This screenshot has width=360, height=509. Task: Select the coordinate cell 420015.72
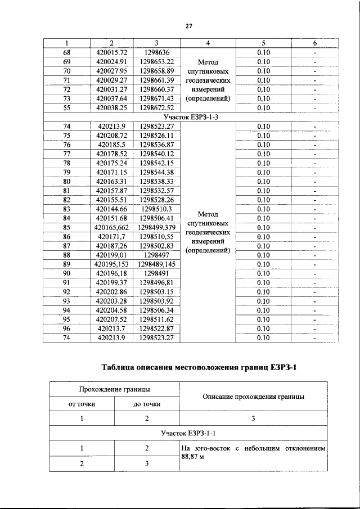[111, 52]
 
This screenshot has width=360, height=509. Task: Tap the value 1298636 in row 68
[156, 52]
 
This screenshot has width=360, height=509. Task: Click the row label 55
[66, 107]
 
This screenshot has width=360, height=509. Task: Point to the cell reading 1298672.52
[156, 107]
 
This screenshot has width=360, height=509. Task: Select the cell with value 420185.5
[111, 144]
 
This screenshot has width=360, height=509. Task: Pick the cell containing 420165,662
[111, 227]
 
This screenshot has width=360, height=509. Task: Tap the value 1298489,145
[156, 264]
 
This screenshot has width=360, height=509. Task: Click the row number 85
[66, 227]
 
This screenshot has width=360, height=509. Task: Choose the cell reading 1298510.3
[156, 209]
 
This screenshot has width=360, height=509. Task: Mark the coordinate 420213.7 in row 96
[111, 328]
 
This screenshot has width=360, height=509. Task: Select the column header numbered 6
[315, 43]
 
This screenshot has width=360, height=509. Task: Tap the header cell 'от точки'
[82, 404]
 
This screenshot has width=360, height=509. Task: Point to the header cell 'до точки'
[147, 404]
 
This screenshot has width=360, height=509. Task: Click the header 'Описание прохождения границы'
[253, 396]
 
